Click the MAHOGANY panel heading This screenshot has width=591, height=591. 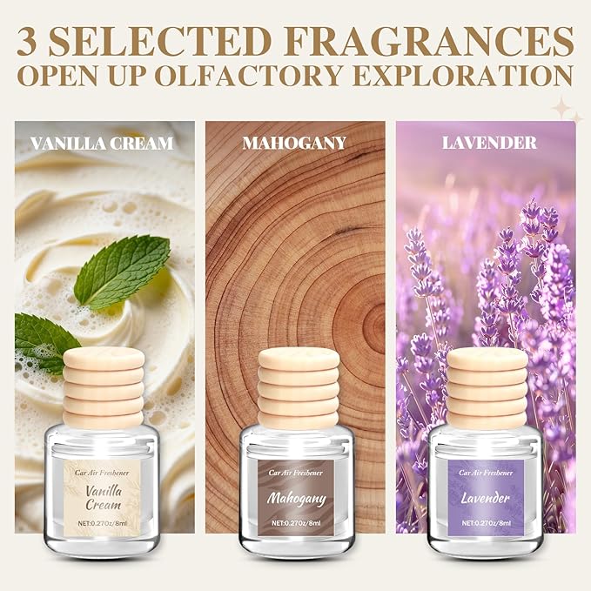[293, 143]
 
